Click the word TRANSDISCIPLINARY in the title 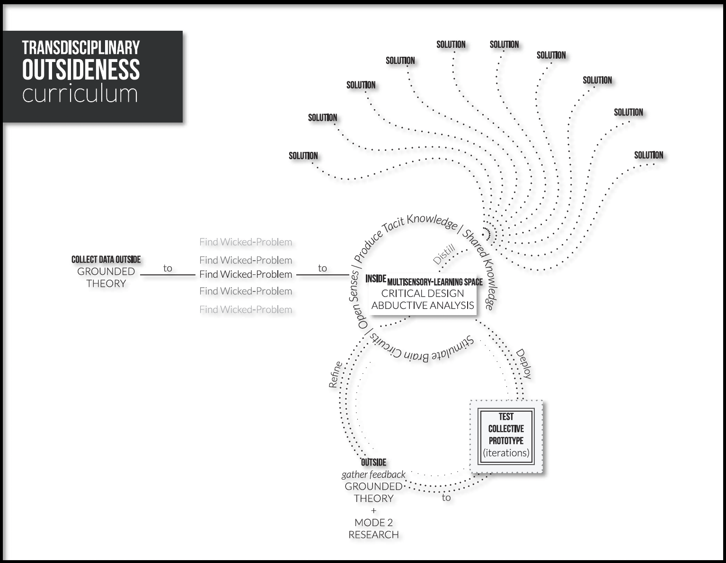[x=81, y=48]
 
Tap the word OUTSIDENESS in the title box [x=81, y=70]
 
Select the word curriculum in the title [x=80, y=94]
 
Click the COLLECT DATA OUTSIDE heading [x=106, y=259]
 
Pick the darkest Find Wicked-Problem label [x=246, y=274]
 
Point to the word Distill [x=444, y=254]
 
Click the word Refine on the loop [x=336, y=374]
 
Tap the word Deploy [x=523, y=364]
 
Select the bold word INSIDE [x=376, y=279]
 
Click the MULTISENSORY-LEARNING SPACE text [x=435, y=282]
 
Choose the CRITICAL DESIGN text [x=423, y=293]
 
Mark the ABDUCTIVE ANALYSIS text [x=423, y=305]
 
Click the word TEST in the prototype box [x=506, y=417]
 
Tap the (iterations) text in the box [x=506, y=453]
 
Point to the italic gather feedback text [x=373, y=475]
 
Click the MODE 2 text [x=373, y=522]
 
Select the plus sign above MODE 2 [x=373, y=510]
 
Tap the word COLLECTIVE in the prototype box [x=506, y=429]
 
